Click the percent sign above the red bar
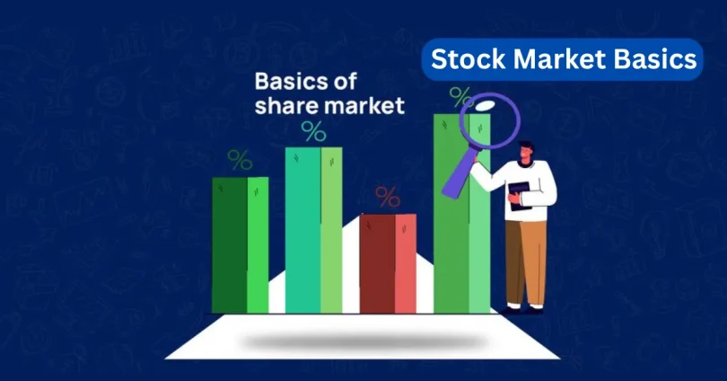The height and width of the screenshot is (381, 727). (x=388, y=196)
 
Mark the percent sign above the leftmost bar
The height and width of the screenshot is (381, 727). (x=240, y=160)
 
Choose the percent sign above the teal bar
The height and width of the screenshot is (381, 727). (x=313, y=131)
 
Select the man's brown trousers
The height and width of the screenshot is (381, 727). (x=525, y=261)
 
